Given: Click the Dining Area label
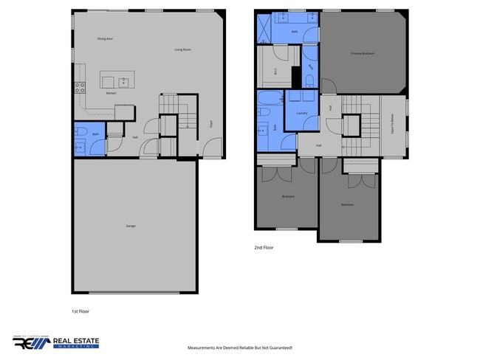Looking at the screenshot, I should tap(105, 38).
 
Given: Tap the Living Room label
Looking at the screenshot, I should tap(182, 49).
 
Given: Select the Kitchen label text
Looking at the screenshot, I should tap(111, 94).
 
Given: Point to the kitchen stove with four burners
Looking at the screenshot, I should tap(80, 88).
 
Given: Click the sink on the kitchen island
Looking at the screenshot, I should tap(124, 80).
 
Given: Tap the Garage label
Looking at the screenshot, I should tap(130, 226).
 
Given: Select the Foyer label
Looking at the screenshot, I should tap(211, 123).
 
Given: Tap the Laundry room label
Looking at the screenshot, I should tap(301, 113).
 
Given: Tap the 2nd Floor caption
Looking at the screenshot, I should tap(264, 248).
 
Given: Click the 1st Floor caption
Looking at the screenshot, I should tap(80, 311).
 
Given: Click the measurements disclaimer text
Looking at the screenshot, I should tap(240, 347).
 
